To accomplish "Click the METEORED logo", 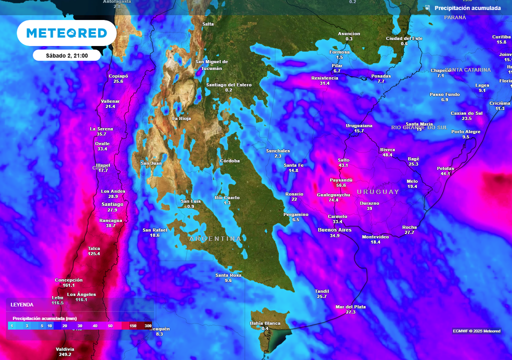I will [66, 33].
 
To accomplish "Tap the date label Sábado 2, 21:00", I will [66, 55].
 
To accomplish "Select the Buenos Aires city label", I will [334, 229].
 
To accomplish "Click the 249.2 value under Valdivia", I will [65, 354].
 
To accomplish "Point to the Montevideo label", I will [375, 236].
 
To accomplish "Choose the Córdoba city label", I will [230, 161].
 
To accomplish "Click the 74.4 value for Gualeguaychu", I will [333, 200].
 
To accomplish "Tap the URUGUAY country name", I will [378, 191].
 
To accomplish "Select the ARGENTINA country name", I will [215, 239].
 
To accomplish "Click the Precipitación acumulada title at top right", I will [467, 8].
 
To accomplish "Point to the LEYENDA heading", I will [22, 304].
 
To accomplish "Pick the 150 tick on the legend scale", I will [133, 326].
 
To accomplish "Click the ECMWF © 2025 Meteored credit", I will [476, 331].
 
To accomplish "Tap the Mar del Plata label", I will [350, 306].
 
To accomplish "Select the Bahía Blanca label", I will [265, 323].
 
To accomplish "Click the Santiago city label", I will [112, 204].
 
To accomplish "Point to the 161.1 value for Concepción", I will [69, 285].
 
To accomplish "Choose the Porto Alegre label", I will [465, 131].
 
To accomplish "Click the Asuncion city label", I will [349, 33].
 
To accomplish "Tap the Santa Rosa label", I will [228, 275].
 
